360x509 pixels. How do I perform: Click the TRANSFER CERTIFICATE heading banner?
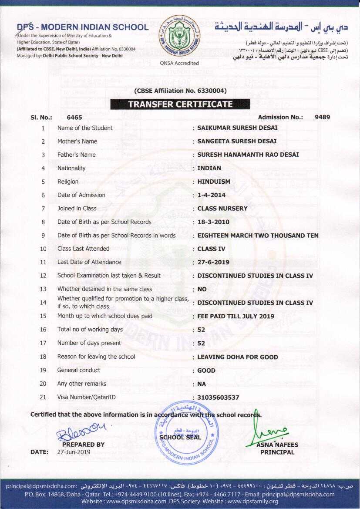coord(180,104)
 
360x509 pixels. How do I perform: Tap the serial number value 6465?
coord(74,117)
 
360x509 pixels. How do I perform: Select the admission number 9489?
coord(322,117)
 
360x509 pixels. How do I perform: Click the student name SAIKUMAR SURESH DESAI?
coord(237,128)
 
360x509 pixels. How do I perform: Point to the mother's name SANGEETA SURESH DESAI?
coord(237,142)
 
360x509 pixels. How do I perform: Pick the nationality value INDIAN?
coord(209,168)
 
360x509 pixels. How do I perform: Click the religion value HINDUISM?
coord(214,182)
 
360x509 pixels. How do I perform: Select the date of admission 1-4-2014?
coord(212,195)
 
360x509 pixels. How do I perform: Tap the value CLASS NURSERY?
coord(222,209)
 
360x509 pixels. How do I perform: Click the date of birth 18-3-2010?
coord(213,222)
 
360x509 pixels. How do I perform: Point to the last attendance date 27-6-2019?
coord(213,263)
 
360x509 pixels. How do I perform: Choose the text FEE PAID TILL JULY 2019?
coord(236,316)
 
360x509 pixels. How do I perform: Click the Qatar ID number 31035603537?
coord(218,398)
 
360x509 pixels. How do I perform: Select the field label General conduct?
coord(79,370)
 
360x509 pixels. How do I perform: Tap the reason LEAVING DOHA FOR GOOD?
coord(238,357)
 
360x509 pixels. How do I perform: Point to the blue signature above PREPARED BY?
coord(81,432)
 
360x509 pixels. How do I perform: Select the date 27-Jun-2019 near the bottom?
coord(74,452)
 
